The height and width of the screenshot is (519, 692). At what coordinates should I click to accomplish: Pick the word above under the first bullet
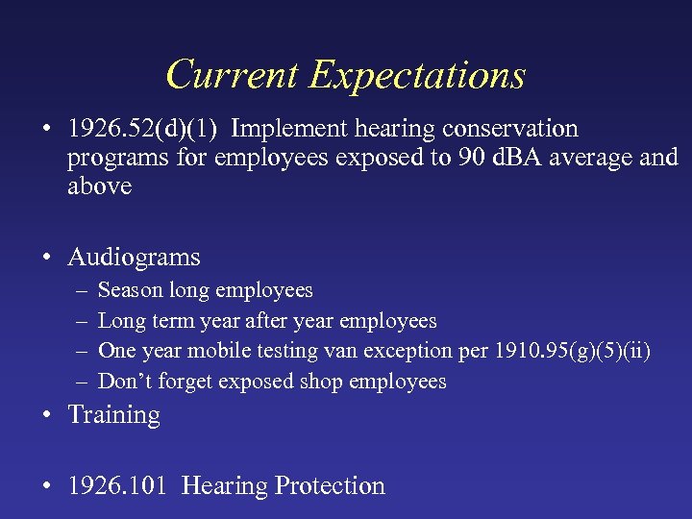coord(99,186)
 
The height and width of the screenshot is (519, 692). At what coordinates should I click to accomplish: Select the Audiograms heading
coord(134,258)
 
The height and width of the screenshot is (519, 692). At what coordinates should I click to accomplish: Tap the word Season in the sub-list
coord(131,290)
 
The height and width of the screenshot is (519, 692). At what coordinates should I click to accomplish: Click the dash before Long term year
coord(77,321)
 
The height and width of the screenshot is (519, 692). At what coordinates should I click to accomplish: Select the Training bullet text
coord(113,415)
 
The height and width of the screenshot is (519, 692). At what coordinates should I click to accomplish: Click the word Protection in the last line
coord(330,486)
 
